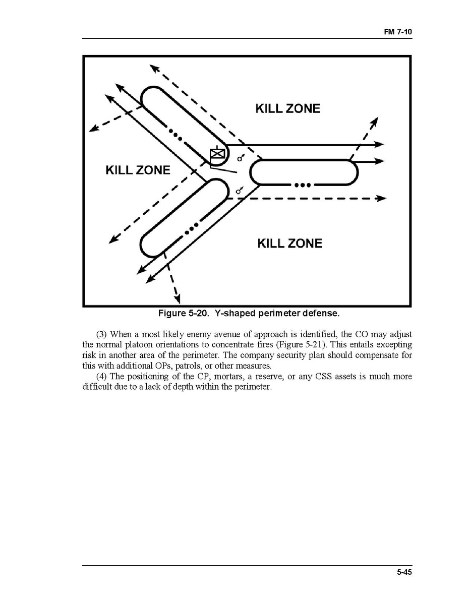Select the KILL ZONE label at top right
pyautogui.click(x=287, y=108)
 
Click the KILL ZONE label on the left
pyautogui.click(x=138, y=170)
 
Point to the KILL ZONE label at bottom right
pyautogui.click(x=289, y=244)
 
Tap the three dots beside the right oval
pyautogui.click(x=301, y=185)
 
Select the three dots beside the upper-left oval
pyautogui.click(x=175, y=134)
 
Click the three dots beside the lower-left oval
pyautogui.click(x=190, y=231)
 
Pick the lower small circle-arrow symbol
pyautogui.click(x=240, y=190)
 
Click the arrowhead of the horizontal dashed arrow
pyautogui.click(x=382, y=199)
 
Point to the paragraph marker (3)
pyautogui.click(x=101, y=335)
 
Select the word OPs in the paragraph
pyautogui.click(x=159, y=366)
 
